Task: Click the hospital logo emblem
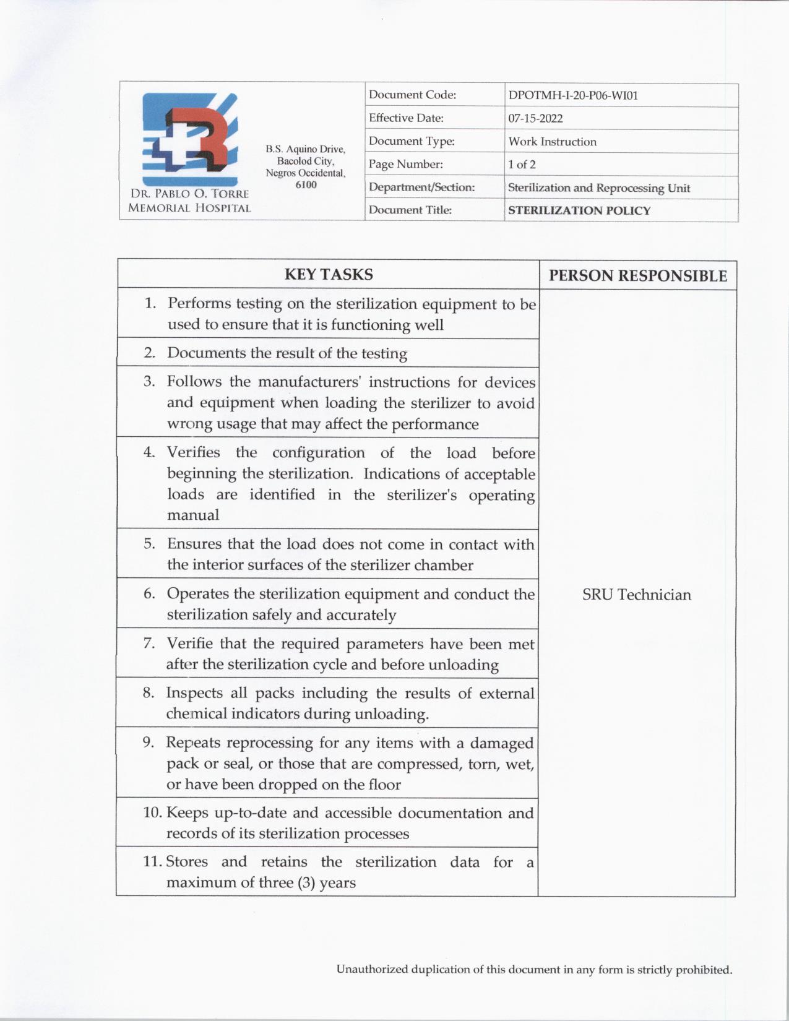(x=190, y=139)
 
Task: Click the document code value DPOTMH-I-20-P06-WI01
(x=572, y=95)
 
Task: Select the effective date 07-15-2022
(x=535, y=118)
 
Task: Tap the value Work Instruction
(x=552, y=142)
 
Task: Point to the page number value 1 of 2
(x=522, y=165)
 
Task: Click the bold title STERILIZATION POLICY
(x=579, y=210)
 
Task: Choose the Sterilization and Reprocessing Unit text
(x=598, y=187)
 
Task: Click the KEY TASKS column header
(x=329, y=275)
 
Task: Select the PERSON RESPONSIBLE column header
(x=637, y=276)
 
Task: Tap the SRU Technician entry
(x=636, y=595)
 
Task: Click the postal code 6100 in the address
(x=306, y=185)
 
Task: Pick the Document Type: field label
(x=412, y=141)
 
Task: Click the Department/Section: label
(x=421, y=187)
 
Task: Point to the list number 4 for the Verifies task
(x=149, y=452)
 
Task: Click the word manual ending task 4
(x=193, y=515)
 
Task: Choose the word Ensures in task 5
(x=194, y=544)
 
